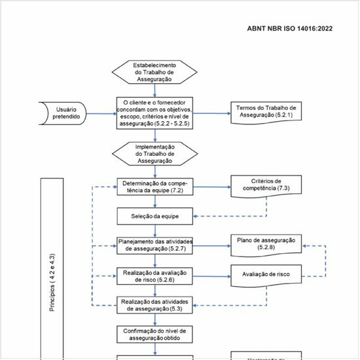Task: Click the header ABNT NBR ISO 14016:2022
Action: point(291,29)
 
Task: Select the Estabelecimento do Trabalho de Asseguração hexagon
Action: point(154,72)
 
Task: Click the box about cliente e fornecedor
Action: point(154,113)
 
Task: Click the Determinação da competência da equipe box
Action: point(154,187)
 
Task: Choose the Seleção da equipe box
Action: point(154,215)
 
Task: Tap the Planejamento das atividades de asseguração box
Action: point(154,245)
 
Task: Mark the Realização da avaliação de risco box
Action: point(154,275)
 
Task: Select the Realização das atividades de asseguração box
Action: point(154,304)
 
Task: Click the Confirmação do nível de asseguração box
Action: point(154,334)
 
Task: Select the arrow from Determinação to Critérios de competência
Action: point(212,187)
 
